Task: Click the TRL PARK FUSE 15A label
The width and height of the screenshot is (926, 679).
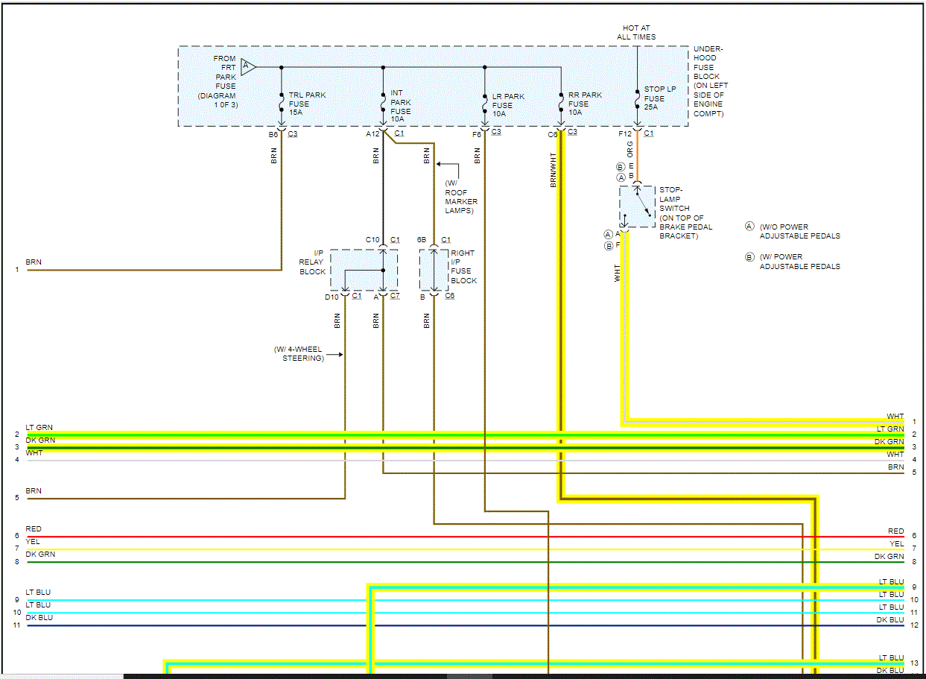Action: click(x=307, y=104)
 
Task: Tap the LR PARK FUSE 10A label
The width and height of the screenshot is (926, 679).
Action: click(x=508, y=104)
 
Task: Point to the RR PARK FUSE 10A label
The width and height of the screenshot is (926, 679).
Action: click(x=585, y=104)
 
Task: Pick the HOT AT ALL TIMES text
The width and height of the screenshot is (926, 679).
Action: click(x=636, y=32)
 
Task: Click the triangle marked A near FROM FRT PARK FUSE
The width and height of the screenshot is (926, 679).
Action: click(x=248, y=67)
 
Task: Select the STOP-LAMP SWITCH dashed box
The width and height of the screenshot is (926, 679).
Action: click(x=637, y=206)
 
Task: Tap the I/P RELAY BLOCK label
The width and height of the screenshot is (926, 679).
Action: click(x=312, y=262)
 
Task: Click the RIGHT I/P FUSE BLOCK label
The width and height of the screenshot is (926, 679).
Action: click(x=463, y=267)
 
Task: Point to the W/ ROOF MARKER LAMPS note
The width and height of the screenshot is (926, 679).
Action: click(x=461, y=198)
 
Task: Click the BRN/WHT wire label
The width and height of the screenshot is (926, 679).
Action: click(x=554, y=170)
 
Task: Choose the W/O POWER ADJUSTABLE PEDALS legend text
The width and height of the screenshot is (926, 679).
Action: click(x=799, y=231)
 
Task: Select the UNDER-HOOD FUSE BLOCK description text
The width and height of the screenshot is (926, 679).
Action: click(x=710, y=80)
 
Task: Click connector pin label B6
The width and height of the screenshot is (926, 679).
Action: click(x=273, y=134)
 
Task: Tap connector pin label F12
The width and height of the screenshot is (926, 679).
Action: click(x=624, y=134)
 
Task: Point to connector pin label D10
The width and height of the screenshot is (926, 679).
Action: click(x=332, y=297)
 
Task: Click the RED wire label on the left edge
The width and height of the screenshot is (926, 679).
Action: click(x=34, y=529)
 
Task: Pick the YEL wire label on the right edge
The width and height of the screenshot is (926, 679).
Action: click(x=896, y=544)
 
